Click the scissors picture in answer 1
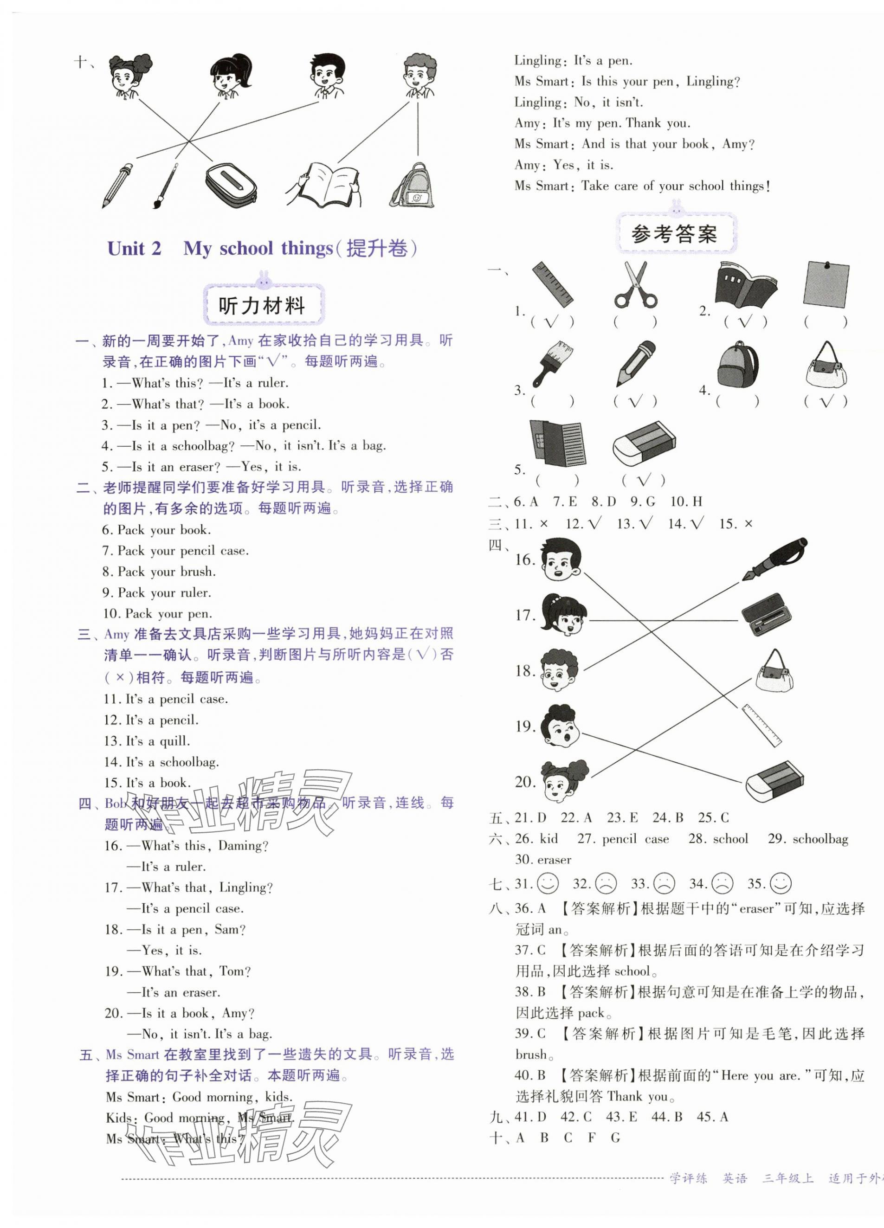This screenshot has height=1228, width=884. [x=635, y=285]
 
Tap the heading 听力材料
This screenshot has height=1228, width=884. [x=262, y=306]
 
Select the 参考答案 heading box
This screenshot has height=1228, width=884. [x=674, y=234]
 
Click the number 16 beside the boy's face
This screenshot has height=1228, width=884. [x=524, y=560]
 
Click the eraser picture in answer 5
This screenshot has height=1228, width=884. [x=644, y=443]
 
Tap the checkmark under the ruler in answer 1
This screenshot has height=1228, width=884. [x=551, y=322]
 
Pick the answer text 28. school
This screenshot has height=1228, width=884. [x=718, y=839]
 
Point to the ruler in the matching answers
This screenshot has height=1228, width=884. [x=761, y=725]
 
